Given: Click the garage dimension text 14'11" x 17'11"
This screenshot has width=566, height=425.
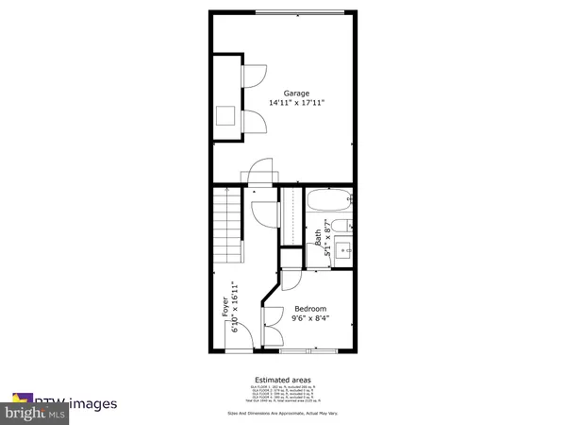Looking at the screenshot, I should coord(297,102).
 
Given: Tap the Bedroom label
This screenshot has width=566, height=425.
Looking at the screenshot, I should coord(310,309).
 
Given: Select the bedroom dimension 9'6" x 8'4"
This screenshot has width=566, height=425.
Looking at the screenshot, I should coord(310,318).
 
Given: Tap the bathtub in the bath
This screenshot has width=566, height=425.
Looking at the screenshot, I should coord(327,202).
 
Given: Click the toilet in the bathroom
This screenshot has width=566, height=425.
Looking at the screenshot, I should coord(345,226).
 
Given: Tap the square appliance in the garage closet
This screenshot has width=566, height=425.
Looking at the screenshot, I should coord(226,116).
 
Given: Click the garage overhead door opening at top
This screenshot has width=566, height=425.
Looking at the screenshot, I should coord(298,12).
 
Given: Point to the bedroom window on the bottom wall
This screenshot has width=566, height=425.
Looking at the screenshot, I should coord(308,351).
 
